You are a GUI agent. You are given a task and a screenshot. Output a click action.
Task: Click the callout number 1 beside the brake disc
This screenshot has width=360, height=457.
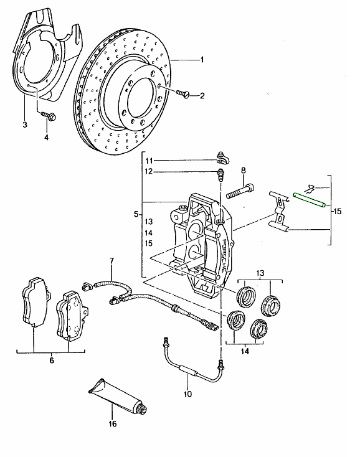point(202,60)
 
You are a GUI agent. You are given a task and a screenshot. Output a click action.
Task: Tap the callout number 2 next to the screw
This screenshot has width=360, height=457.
point(202,95)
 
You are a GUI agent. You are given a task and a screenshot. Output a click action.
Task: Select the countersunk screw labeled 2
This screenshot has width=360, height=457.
point(182,94)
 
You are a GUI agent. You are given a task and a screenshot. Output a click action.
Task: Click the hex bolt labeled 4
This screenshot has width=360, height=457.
point(49,116)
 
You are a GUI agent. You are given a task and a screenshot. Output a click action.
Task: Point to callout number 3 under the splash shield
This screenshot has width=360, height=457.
point(25,125)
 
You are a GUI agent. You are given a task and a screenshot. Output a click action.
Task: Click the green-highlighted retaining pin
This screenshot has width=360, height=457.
point(310,201)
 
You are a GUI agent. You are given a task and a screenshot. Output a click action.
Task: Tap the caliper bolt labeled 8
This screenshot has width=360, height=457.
point(239,191)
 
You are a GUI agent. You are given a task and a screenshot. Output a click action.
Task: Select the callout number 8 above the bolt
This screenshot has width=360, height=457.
point(244,171)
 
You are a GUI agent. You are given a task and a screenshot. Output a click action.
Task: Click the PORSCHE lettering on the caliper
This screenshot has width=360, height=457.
point(224,256)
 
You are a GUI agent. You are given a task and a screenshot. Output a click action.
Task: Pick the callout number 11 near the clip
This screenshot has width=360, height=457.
point(149,161)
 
